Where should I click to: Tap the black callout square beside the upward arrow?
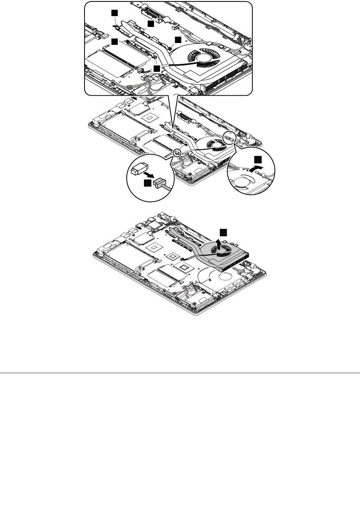223,232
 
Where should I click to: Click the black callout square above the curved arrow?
258,160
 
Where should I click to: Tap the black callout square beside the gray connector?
148,183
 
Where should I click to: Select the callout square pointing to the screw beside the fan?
178,40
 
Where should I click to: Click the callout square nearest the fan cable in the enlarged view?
157,68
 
